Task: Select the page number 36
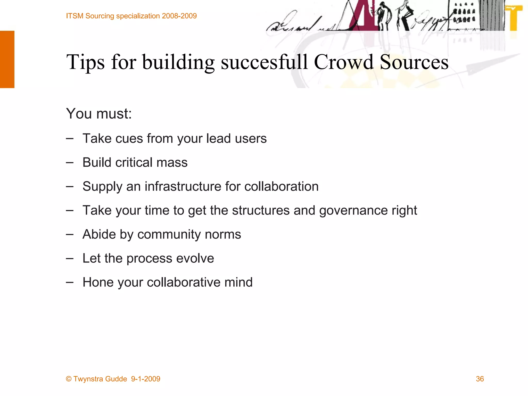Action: click(480, 379)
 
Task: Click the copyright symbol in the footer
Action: click(69, 379)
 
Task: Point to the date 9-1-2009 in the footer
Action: click(145, 379)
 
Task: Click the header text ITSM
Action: click(75, 16)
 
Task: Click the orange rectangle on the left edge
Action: click(7, 59)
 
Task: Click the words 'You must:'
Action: click(99, 113)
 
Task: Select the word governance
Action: click(353, 210)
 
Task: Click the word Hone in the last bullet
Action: click(98, 282)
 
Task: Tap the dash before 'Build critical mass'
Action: click(70, 163)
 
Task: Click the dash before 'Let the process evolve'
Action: click(70, 259)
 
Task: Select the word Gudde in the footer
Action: click(116, 379)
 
